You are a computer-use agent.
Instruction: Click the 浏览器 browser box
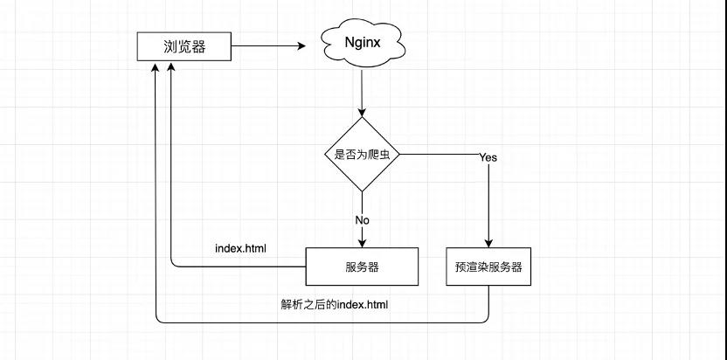point(184,47)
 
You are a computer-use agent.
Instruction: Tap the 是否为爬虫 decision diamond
point(362,156)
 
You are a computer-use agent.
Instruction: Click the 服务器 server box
point(362,267)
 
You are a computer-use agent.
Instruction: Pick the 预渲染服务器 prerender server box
point(488,267)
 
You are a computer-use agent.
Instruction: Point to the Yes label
point(488,158)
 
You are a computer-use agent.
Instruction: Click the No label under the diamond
point(363,219)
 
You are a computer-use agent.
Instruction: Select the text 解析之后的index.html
point(335,305)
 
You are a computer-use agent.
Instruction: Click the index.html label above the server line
point(240,248)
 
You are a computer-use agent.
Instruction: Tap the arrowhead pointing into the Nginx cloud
point(302,46)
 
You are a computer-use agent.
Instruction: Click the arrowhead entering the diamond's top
point(362,113)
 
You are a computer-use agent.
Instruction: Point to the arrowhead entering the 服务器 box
point(362,243)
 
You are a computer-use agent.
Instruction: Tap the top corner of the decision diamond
point(362,119)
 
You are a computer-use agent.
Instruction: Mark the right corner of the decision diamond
point(399,156)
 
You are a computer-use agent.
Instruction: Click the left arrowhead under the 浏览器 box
point(155,68)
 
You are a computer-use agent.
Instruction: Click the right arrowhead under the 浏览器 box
point(171,68)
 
